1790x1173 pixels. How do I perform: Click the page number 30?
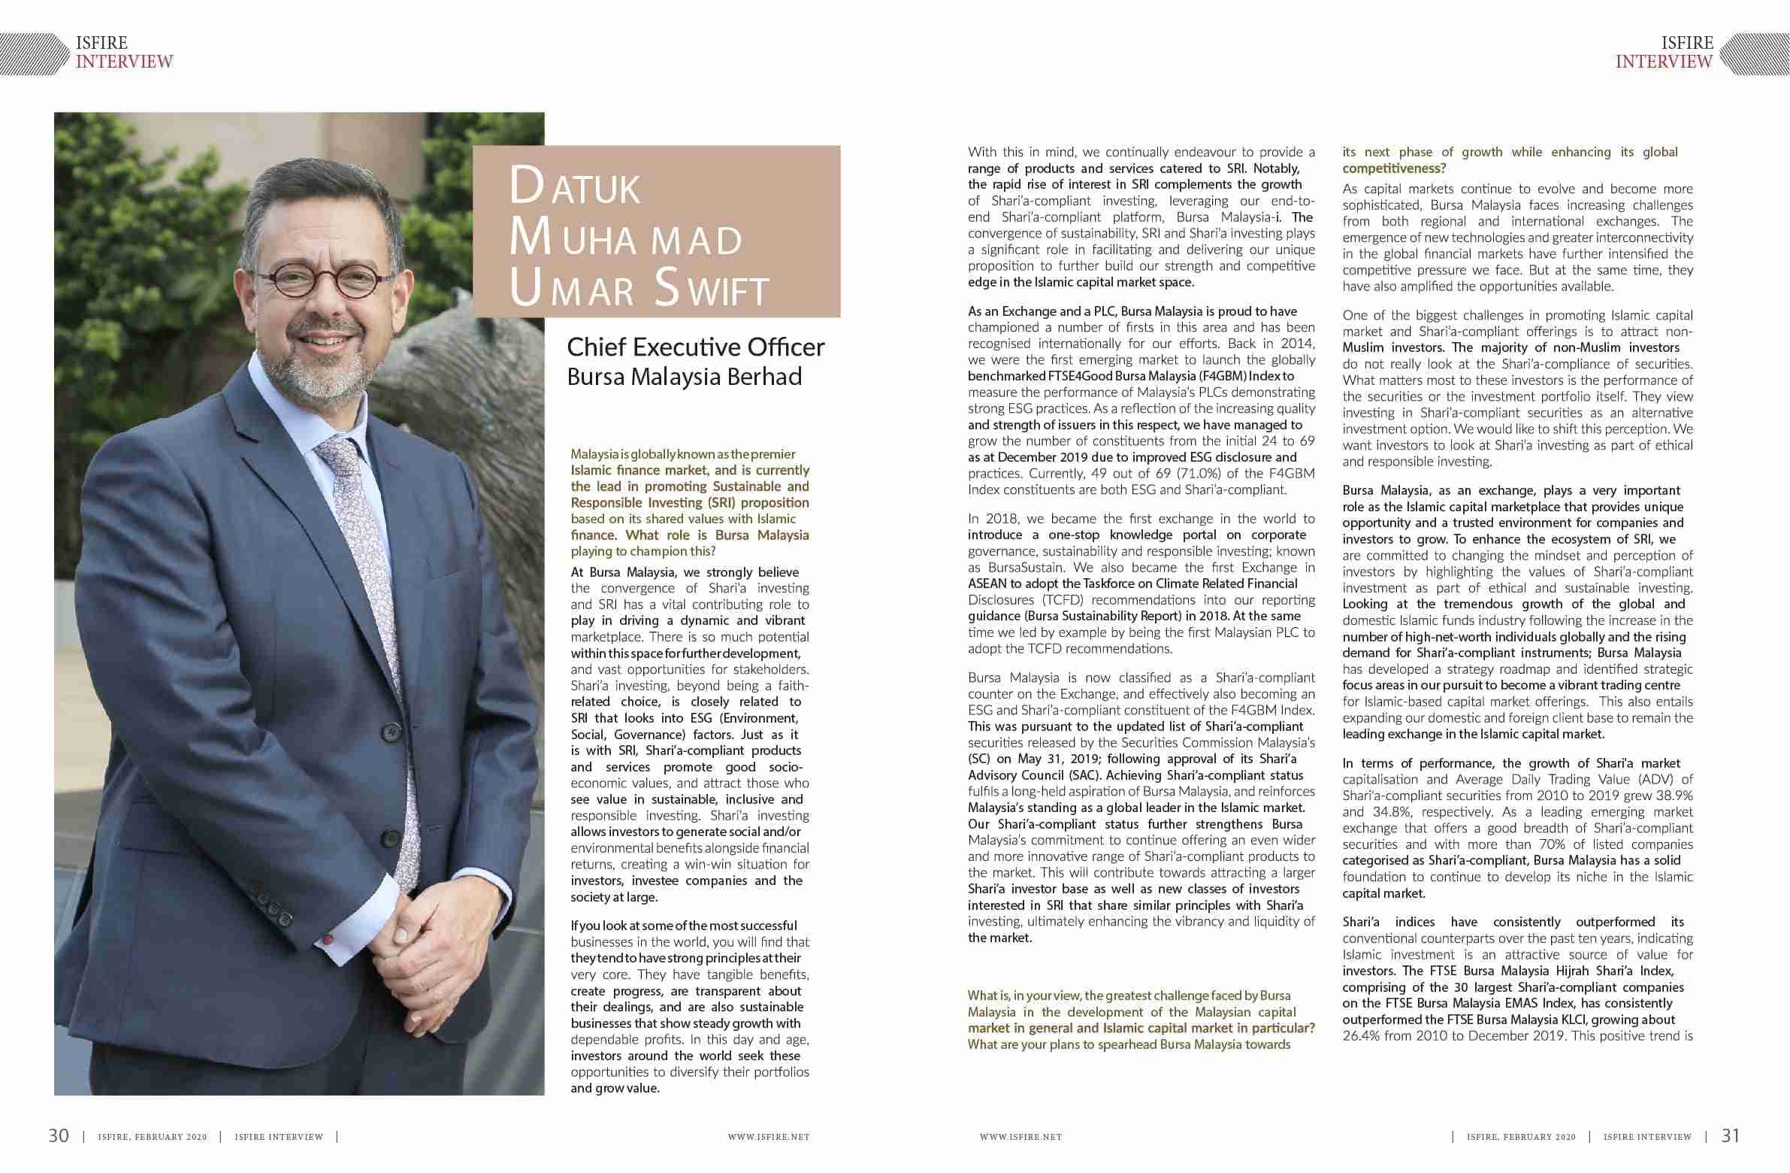click(59, 1135)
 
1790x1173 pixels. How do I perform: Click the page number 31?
click(1731, 1135)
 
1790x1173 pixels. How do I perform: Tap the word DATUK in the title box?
click(576, 188)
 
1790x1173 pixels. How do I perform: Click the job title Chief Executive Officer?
click(695, 347)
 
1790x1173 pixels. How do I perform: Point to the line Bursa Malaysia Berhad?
click(684, 376)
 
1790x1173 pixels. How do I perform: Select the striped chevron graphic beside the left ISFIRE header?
click(34, 53)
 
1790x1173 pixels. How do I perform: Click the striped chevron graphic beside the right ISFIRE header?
click(1755, 53)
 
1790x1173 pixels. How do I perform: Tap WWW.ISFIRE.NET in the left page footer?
click(768, 1137)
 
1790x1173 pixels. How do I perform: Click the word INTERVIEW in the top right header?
click(1664, 62)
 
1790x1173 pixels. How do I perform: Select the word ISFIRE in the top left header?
click(101, 43)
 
